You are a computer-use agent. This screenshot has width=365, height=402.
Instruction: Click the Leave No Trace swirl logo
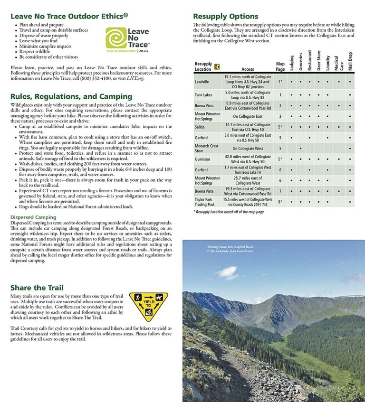tap(116, 38)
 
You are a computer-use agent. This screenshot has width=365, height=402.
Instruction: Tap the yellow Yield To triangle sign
tap(148, 306)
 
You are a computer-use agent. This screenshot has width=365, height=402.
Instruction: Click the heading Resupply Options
tap(225, 16)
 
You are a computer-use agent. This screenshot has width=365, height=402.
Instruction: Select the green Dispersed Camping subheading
tap(33, 217)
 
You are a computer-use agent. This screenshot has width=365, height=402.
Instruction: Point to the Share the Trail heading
tap(37, 288)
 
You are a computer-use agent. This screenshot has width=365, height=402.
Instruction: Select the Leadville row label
tap(202, 82)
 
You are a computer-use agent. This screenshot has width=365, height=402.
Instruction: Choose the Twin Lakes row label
tap(203, 95)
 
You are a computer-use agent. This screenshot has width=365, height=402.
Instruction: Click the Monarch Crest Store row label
tap(207, 149)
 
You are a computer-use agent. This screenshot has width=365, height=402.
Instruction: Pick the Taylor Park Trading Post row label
tap(205, 202)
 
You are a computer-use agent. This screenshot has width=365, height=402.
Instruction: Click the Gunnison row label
tap(202, 159)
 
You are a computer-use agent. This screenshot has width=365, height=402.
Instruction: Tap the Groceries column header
tap(301, 62)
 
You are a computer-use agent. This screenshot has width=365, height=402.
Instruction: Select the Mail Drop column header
tap(350, 61)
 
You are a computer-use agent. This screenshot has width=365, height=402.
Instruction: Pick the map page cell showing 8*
tap(280, 202)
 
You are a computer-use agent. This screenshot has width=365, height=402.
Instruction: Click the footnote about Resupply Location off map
tap(229, 212)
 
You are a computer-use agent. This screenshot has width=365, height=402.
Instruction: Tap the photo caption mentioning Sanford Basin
tap(230, 249)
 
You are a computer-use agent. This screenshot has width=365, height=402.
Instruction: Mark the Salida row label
tap(200, 127)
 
